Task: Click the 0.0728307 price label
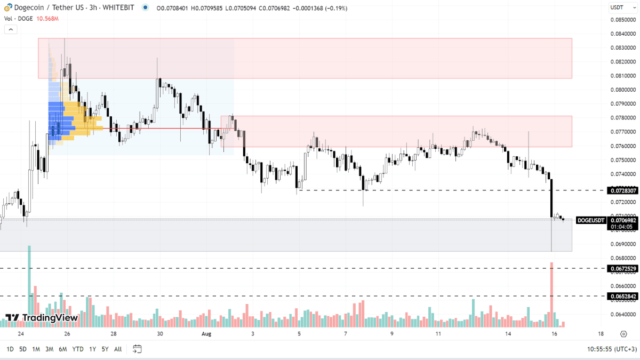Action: coord(622,190)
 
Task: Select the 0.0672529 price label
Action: coord(622,268)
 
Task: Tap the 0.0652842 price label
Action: coord(622,296)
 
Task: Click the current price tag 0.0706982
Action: coord(622,220)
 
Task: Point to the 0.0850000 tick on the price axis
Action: coord(622,20)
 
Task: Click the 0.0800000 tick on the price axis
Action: coord(622,90)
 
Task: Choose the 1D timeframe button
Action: coord(10,349)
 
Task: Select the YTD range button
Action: coord(78,349)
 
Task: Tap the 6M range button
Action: coord(63,349)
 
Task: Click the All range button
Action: coord(118,349)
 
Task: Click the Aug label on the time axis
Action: coord(206,334)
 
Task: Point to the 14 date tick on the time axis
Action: coord(508,334)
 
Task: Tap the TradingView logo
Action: coord(42,318)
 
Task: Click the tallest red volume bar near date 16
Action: coord(552,293)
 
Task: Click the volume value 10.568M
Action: coord(48,19)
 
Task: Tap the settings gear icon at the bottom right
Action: coord(623,334)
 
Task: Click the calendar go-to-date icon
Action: coord(137,349)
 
